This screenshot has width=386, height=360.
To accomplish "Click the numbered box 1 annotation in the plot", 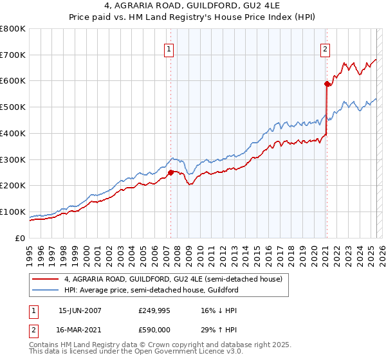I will (x=169, y=48).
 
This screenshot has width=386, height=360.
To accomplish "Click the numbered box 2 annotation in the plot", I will (x=326, y=48).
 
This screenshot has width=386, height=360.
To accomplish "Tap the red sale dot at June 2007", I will (x=170, y=172).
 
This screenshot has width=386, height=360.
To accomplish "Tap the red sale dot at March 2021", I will (x=327, y=83).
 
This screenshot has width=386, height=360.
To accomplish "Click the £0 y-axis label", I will (x=21, y=238).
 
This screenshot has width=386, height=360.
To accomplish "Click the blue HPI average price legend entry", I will (x=151, y=290).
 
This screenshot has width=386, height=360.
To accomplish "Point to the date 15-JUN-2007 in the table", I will (x=80, y=310).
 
